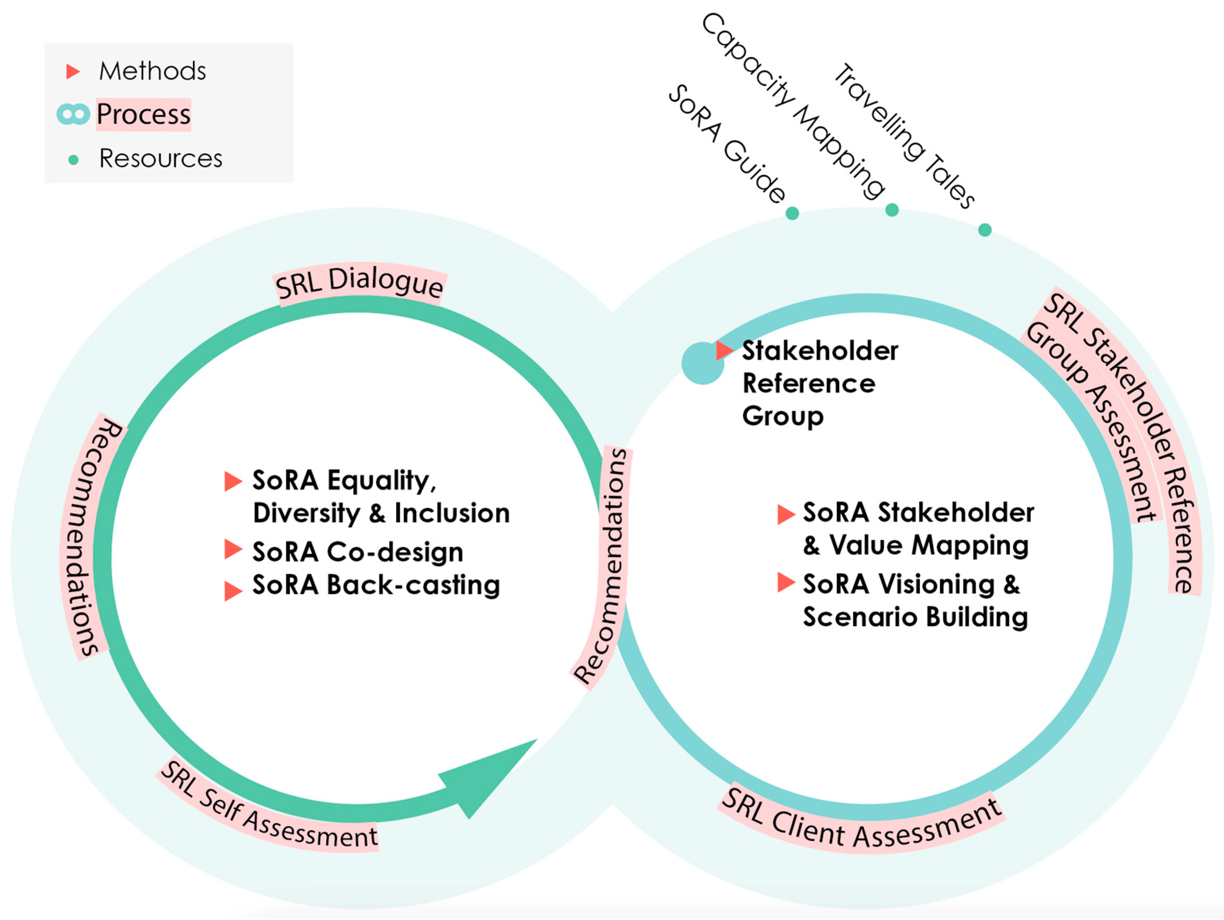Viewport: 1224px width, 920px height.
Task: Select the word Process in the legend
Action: [143, 114]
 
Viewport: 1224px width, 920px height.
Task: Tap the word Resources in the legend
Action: [161, 158]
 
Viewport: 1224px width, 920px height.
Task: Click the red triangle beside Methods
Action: [73, 71]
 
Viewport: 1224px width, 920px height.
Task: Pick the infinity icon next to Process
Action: [73, 114]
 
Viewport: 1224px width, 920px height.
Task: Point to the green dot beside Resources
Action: [73, 160]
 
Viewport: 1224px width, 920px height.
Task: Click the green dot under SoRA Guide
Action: [792, 213]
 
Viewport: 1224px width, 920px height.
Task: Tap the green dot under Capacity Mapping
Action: [892, 210]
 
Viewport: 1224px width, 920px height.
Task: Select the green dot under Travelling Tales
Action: [985, 230]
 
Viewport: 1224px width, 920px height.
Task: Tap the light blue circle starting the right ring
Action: [702, 363]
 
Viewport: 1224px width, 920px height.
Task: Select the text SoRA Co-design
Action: [358, 552]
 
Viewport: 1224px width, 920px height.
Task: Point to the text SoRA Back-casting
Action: [376, 585]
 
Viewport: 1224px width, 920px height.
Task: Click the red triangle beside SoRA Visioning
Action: [785, 582]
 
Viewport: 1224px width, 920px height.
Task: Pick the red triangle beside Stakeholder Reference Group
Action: [723, 350]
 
